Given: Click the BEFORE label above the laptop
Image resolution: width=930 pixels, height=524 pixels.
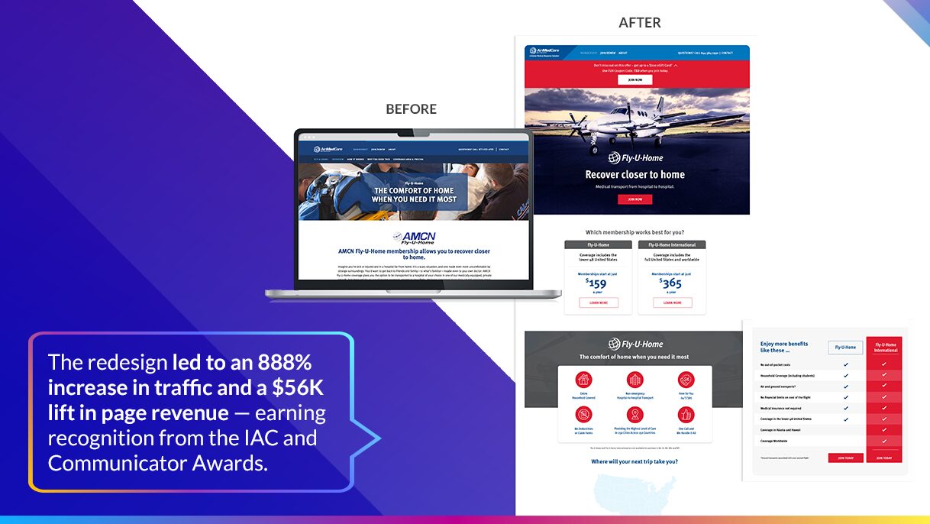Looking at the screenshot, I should pos(411,109).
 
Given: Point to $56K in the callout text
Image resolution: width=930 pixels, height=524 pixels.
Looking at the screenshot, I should pos(298,388).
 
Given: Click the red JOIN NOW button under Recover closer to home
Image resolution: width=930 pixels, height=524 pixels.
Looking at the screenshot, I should pos(635,199).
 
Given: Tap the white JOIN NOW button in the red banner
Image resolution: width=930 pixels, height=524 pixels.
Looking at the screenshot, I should pos(635,79).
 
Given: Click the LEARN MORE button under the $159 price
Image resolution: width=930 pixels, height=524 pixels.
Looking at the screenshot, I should pos(599,302).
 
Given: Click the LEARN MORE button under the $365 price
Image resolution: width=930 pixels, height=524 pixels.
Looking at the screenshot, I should pos(672,302).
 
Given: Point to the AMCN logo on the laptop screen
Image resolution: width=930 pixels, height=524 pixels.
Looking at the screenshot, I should pos(413,238).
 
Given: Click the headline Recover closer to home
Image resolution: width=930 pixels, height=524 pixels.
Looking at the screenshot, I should pos(635,174).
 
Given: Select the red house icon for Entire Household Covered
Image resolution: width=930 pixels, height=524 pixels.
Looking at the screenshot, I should pos(583,380).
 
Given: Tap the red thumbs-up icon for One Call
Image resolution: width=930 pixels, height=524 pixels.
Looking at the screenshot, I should pos(686,414).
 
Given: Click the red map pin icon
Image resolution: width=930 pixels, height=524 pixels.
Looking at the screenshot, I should pos(635,414).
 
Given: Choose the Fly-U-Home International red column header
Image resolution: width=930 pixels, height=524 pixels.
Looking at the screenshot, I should pos(885,347).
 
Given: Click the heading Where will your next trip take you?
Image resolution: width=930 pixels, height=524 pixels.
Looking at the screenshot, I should pos(635,461).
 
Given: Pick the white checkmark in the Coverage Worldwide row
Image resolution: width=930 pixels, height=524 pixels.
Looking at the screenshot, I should pos(884,441).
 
